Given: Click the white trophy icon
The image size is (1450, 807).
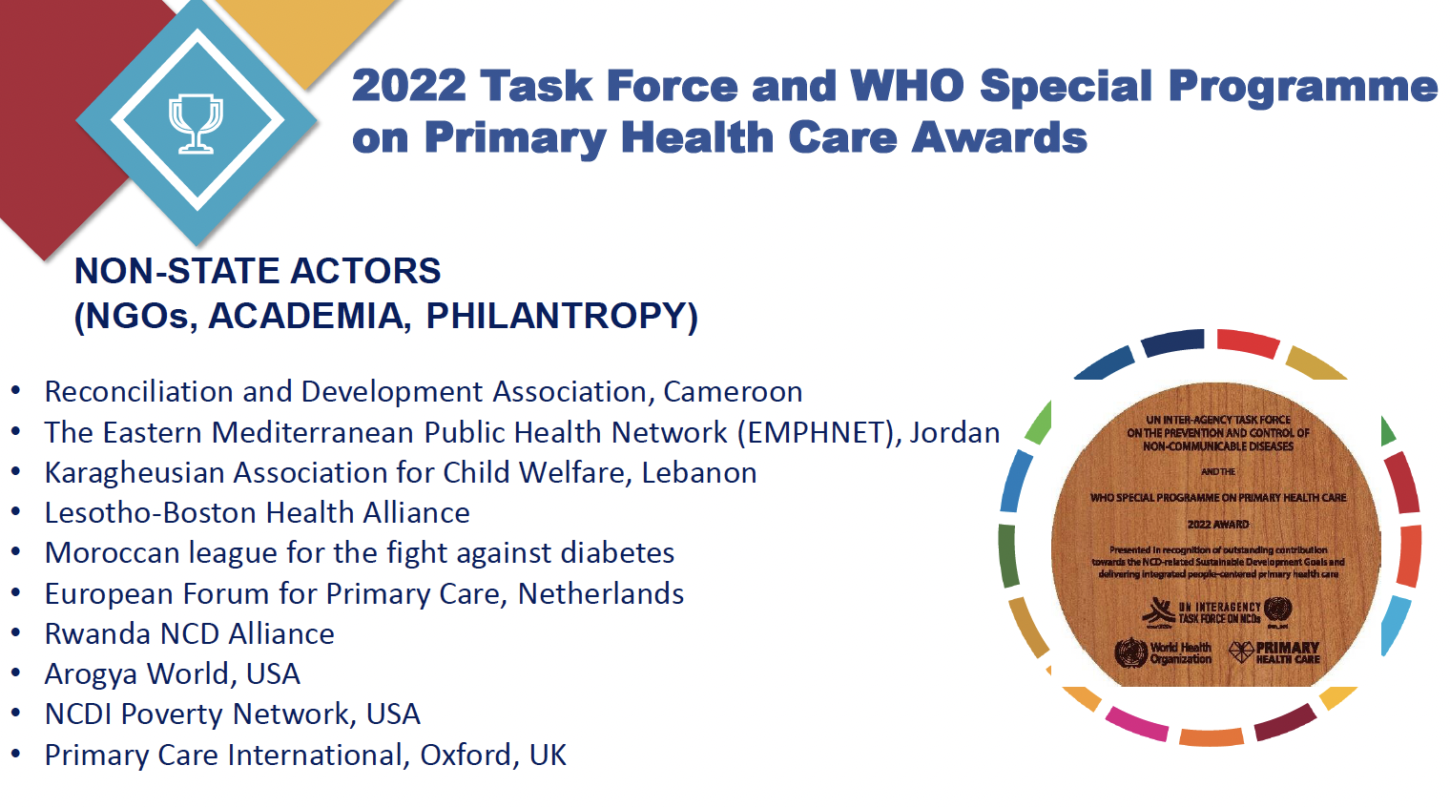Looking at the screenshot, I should click(196, 123).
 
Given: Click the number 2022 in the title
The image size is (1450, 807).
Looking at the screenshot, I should click(408, 86).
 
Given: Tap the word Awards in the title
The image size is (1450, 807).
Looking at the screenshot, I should click(999, 137).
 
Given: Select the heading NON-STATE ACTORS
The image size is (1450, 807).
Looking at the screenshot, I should click(258, 271).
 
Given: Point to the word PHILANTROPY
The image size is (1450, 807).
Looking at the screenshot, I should click(562, 316).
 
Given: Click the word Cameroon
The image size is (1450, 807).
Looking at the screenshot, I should click(733, 392).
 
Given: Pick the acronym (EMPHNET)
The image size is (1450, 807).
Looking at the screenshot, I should click(818, 433).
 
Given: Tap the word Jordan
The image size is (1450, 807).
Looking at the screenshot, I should click(954, 433).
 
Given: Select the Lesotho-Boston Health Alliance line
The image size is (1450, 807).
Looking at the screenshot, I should click(257, 513).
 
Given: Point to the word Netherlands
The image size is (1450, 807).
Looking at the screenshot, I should click(601, 594).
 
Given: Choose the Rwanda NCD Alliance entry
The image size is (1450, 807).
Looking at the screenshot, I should click(189, 634).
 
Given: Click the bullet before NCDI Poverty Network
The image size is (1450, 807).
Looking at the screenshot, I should click(16, 714).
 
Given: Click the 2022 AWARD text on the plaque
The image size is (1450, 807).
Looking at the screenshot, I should click(1217, 525).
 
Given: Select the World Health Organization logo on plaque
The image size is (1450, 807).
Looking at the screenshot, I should click(1162, 653).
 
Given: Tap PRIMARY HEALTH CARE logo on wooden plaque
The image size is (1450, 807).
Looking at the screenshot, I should click(1274, 652).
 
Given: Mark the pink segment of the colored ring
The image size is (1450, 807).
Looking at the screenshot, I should click(1136, 723).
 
